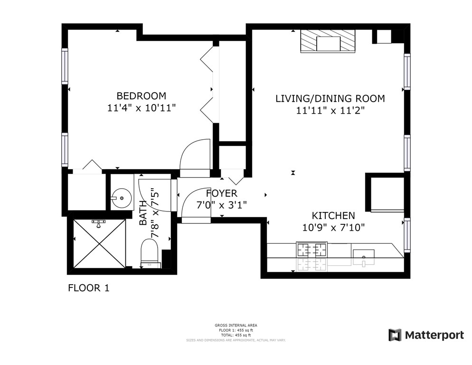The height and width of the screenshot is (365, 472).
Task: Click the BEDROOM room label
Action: point(142,96)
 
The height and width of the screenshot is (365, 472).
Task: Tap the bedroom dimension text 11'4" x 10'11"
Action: point(142,108)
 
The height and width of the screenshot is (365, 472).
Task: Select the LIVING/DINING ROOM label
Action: point(330,98)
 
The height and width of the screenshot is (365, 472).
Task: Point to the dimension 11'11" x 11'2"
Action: point(330,111)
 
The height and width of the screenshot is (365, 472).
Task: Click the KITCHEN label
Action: point(333,215)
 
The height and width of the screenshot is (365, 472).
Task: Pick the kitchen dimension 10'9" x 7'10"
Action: point(333,227)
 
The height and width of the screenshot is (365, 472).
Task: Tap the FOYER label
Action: point(221,193)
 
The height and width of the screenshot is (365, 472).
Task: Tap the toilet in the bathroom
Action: point(150,252)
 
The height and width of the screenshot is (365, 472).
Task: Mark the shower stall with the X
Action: point(99,244)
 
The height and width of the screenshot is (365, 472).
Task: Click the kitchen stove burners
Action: point(312,249)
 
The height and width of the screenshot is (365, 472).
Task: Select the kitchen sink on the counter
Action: point(363,256)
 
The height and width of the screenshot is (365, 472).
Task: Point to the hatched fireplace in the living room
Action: point(328,41)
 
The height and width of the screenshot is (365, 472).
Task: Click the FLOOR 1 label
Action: point(89,288)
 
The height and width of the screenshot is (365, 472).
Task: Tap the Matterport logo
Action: point(426,335)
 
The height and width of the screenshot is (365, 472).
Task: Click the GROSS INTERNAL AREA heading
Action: point(236,325)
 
